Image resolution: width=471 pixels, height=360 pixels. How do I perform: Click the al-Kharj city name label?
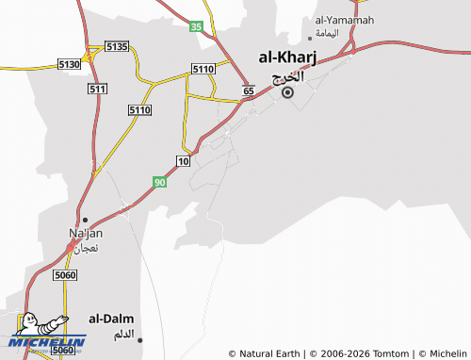point(287,58)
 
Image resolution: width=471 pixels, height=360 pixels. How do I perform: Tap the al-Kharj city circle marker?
point(288,92)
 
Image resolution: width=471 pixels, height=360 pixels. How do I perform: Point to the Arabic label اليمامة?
point(326,33)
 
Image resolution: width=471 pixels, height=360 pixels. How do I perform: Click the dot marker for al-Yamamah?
point(311,39)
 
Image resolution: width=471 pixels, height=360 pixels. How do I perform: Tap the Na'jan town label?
point(86,233)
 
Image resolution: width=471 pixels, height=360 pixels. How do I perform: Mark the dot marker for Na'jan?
point(86,220)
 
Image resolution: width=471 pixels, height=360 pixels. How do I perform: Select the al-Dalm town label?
point(111,319)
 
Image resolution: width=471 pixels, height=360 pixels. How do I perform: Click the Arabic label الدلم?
point(123,335)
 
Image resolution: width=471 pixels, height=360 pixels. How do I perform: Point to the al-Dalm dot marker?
point(140,340)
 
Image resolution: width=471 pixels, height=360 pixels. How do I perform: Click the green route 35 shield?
point(196,26)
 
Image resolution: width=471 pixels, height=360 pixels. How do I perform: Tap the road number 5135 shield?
point(117,46)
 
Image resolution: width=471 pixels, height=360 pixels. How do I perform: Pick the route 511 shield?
point(96,88)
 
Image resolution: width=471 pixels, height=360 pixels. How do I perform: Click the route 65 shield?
point(248,90)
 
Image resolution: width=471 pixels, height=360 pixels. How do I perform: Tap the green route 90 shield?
point(160,181)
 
